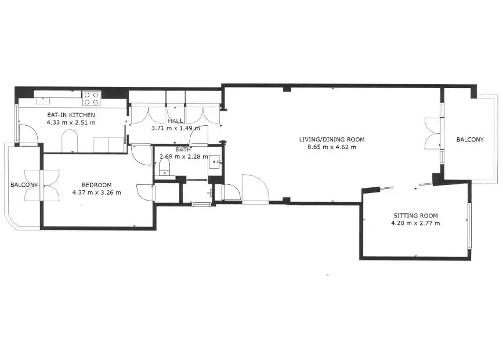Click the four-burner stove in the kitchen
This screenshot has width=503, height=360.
92,99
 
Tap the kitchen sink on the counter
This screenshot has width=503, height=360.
42,100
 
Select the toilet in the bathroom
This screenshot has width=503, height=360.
165,167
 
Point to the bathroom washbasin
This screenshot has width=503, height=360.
215,162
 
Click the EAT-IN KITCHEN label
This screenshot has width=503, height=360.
71,115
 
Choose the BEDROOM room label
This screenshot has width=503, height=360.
96,185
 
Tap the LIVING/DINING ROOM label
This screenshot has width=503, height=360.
332,140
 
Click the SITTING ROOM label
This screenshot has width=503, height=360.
415,216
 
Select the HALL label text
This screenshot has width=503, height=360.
175,121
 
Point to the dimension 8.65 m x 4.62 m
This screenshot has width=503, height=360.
332,147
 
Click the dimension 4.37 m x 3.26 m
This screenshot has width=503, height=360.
96,192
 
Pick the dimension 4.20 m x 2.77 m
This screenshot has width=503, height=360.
415,223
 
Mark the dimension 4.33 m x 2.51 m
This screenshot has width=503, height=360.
71,122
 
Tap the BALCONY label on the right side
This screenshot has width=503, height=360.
470,140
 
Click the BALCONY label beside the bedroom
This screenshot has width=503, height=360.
24,185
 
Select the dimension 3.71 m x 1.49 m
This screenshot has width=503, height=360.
175,128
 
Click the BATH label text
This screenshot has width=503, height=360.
183,150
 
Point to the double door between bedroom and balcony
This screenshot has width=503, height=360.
42,186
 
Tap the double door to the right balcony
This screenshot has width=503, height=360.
434,133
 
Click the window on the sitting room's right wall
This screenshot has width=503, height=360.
469,226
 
